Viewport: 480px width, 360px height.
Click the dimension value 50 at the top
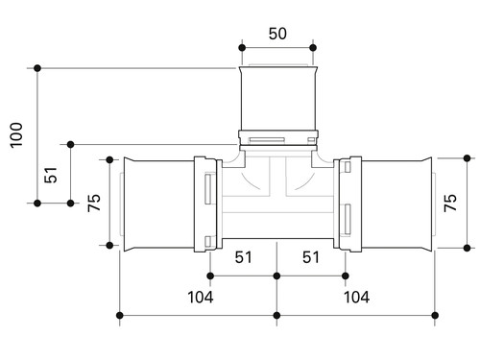277,34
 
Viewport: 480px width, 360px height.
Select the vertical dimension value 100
16,135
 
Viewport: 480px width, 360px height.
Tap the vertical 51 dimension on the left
51,175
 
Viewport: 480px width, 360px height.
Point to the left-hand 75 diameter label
94,203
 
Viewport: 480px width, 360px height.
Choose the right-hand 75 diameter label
450,203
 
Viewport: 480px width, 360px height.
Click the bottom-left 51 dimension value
243,257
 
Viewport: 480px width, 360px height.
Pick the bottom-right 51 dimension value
311,257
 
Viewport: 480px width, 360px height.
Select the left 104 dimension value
201,298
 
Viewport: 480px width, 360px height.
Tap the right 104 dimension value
356,298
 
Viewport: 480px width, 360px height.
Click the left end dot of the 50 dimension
242,48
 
